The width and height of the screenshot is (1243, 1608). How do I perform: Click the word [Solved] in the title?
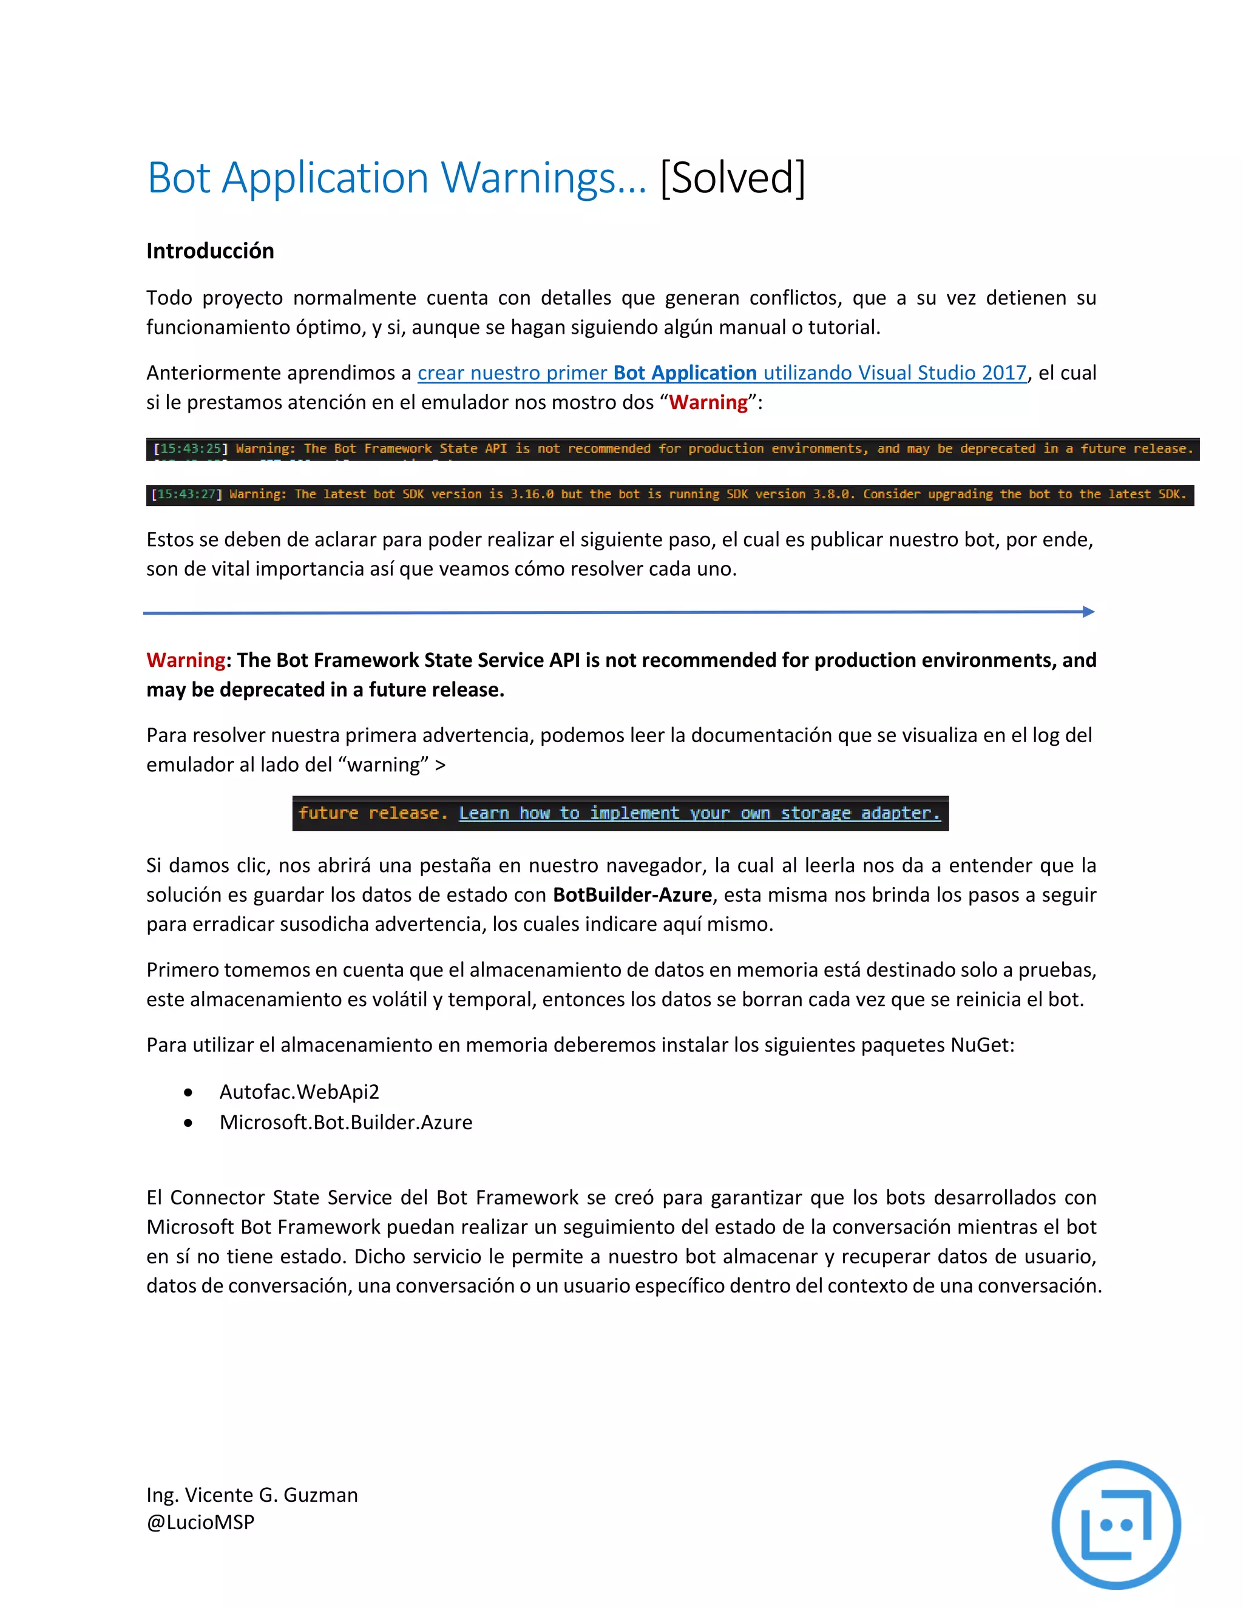(732, 178)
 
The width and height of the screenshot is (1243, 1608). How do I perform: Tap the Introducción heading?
(210, 251)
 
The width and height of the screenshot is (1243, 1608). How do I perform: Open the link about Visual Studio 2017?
(722, 373)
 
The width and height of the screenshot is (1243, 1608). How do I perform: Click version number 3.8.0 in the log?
(831, 494)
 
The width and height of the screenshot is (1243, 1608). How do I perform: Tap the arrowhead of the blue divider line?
(1088, 611)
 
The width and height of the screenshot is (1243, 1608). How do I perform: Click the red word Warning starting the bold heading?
(186, 660)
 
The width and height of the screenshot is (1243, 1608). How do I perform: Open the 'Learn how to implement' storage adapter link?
(700, 814)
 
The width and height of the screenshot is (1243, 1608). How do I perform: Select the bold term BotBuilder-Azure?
(632, 894)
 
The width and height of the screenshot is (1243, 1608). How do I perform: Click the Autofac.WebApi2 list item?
(299, 1092)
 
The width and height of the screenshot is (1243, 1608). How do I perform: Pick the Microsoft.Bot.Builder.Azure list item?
(345, 1122)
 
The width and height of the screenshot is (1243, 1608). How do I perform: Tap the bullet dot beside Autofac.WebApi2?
(189, 1093)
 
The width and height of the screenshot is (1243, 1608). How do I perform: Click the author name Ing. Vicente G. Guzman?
(252, 1495)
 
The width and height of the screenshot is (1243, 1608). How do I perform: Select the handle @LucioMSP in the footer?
(200, 1522)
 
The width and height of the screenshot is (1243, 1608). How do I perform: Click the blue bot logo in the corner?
(1116, 1524)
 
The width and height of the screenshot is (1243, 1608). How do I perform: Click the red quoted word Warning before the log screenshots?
(708, 403)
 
